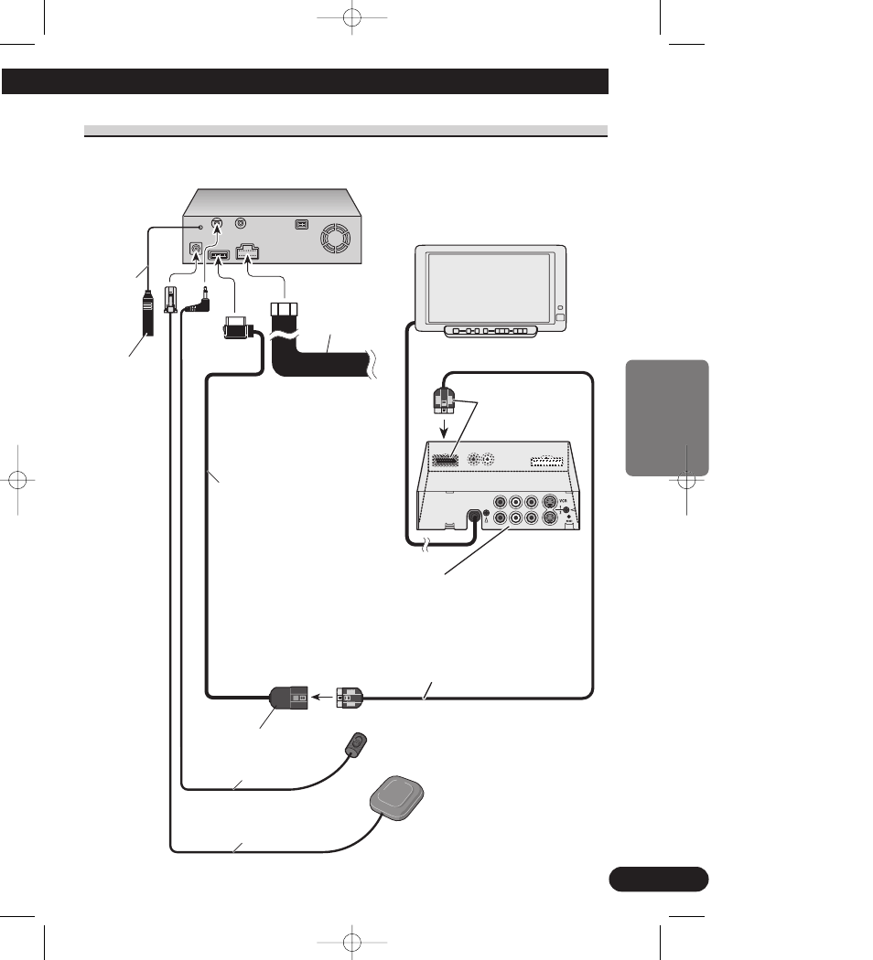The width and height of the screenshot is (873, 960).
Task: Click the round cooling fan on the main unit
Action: tap(331, 240)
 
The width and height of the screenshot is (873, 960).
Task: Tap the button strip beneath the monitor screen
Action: tap(490, 330)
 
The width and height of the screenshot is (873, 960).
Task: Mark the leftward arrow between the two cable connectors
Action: tap(321, 697)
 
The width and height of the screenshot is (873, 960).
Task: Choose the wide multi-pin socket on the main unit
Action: tap(250, 255)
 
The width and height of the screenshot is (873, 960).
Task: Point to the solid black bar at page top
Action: tap(306, 81)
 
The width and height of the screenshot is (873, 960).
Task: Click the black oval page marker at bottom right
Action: tap(658, 879)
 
